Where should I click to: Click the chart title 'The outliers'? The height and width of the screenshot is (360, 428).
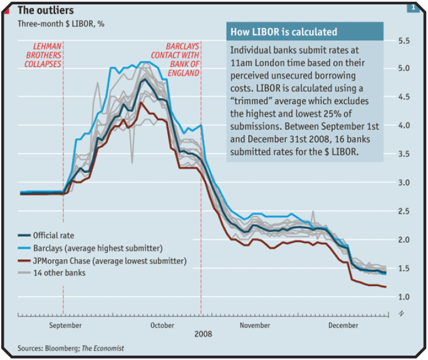click(46, 10)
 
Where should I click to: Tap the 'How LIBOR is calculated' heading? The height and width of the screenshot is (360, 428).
click(283, 32)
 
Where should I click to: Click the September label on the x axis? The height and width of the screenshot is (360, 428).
click(65, 325)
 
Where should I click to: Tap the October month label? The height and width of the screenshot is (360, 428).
click(162, 325)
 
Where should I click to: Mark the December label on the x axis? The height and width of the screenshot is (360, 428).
click(343, 325)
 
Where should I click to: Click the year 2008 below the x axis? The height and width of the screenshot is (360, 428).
click(202, 334)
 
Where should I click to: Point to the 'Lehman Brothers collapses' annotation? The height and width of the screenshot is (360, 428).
click(48, 55)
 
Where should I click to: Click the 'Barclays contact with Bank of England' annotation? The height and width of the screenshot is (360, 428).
click(182, 59)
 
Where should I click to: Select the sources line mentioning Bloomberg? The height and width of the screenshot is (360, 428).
click(71, 348)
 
